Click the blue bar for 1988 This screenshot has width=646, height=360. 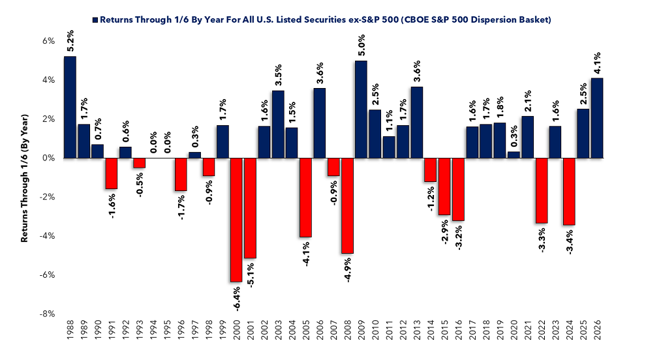[x=70, y=107]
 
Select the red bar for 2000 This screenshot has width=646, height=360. [x=236, y=220]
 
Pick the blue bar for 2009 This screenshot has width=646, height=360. [x=361, y=109]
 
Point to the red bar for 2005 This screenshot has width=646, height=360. [x=306, y=198]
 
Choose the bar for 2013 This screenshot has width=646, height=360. [x=417, y=122]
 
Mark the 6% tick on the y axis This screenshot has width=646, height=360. [x=48, y=41]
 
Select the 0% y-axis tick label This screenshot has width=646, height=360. [x=48, y=158]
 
